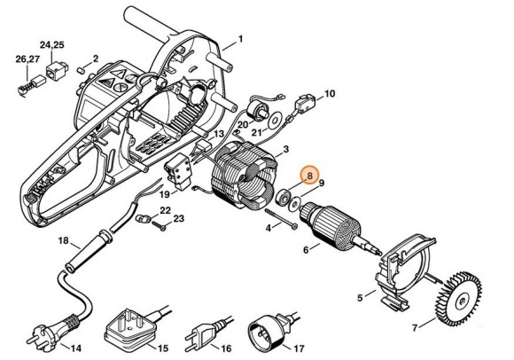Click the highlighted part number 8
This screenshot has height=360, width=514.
pyautogui.click(x=308, y=176)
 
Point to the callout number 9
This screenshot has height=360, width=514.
pyautogui.click(x=322, y=183)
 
